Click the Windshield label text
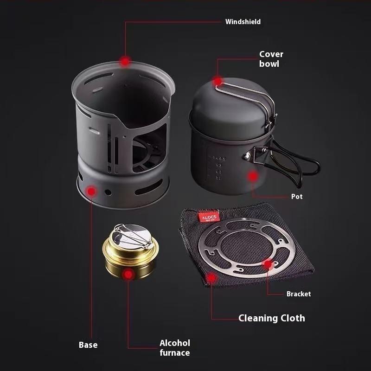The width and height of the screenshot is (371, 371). (x=243, y=22)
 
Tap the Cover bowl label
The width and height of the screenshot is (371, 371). (x=271, y=59)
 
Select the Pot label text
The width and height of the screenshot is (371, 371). (x=297, y=197)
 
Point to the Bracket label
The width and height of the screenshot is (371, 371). (x=298, y=294)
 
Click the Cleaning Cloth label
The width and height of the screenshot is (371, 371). (x=271, y=318)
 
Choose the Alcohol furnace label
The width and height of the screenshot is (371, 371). (x=175, y=348)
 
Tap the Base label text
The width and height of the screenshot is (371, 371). (x=88, y=345)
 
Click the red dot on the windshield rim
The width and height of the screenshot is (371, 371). (x=125, y=61)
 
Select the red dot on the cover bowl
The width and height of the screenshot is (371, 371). (x=217, y=82)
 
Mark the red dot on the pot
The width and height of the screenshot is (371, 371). (x=252, y=176)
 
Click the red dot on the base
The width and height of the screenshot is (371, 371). (x=92, y=191)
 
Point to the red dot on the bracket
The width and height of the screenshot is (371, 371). (x=268, y=265)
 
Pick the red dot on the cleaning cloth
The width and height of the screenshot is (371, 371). (x=211, y=278)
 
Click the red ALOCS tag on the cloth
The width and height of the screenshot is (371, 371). (x=205, y=217)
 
